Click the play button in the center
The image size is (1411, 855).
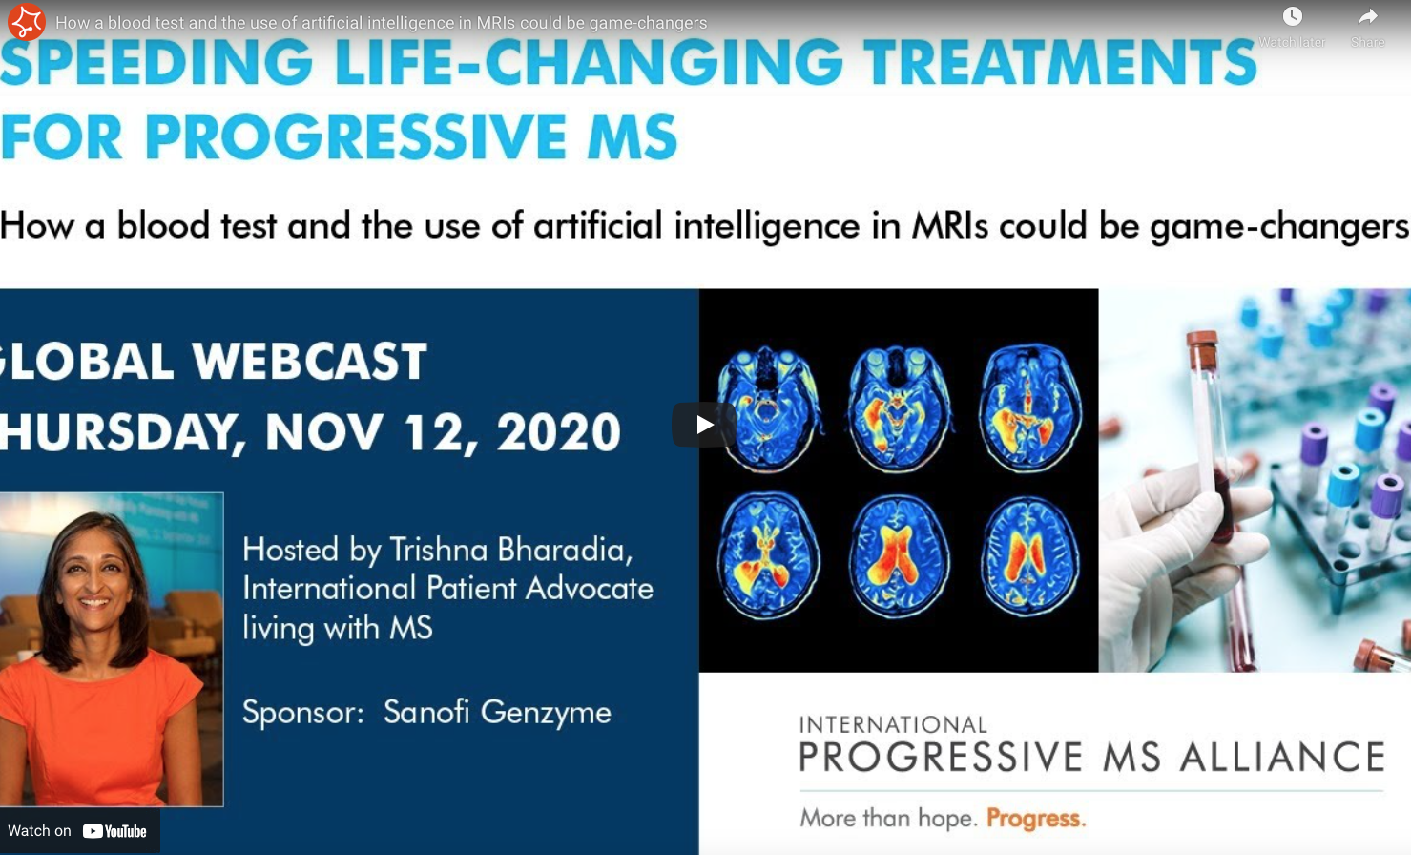(704, 425)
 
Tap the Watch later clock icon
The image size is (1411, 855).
(1292, 16)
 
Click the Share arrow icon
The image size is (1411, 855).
(1367, 16)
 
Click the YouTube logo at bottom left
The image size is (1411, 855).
(114, 831)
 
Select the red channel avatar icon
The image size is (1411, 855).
(26, 22)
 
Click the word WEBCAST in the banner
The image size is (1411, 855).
(309, 362)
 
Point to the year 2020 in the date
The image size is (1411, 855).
(559, 432)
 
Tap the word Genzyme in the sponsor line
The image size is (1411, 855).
(546, 713)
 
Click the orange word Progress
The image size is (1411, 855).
(1036, 818)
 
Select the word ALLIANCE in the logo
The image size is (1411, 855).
(1282, 756)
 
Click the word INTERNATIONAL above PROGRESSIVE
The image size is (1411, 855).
(893, 724)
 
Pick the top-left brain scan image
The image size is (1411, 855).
(767, 408)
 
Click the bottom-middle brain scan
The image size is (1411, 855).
(899, 555)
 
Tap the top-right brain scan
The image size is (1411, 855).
(1029, 408)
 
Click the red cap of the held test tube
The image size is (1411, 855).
(1201, 347)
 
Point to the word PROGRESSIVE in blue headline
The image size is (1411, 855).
(355, 136)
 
